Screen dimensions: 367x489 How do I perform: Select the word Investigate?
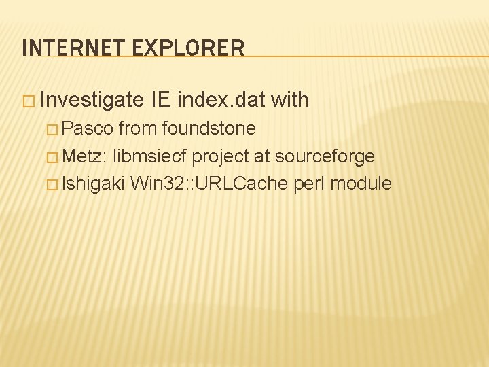point(92,101)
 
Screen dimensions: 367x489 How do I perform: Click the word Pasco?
point(88,128)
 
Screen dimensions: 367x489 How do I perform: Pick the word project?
point(220,156)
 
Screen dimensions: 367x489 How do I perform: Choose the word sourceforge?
point(325,156)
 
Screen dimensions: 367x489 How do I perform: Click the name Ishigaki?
point(93,183)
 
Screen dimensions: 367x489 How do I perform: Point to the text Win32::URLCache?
point(210,183)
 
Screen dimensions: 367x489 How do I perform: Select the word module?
point(361,183)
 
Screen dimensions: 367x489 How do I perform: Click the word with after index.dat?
point(290,101)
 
